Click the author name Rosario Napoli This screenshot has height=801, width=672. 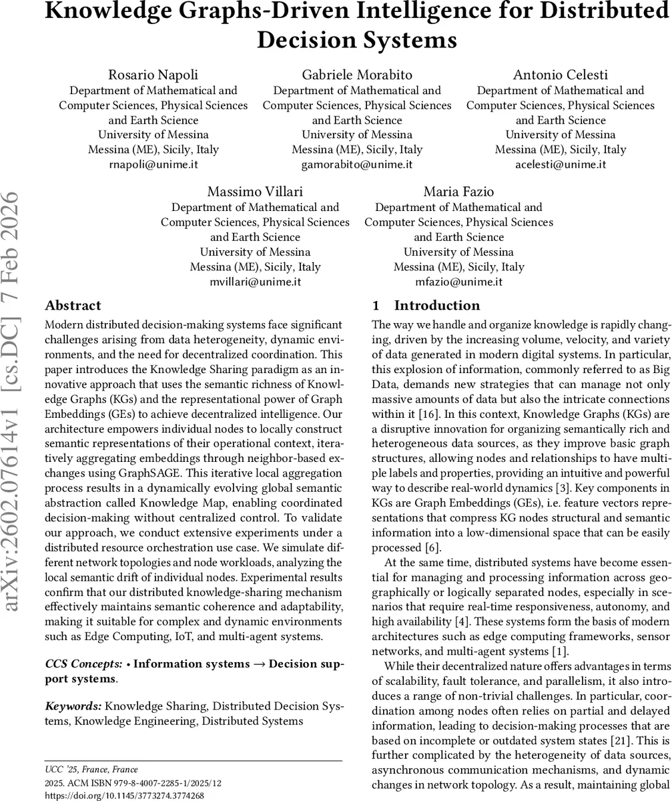coord(153,75)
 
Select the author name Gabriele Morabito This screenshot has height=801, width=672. coord(357,75)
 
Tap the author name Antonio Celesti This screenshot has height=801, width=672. coord(561,75)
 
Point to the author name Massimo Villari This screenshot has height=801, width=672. coord(255,192)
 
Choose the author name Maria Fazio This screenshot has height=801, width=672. coord(458,192)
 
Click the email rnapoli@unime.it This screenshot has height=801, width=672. coord(153,164)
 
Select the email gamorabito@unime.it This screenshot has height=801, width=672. coord(357,164)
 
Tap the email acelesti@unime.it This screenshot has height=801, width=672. coord(561,164)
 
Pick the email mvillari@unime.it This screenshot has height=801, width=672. coord(255,282)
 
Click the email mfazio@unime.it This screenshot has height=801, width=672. coord(458,282)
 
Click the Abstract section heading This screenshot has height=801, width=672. coord(73,306)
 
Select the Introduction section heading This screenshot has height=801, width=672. coord(438,306)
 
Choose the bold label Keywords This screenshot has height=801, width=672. coord(73,706)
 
